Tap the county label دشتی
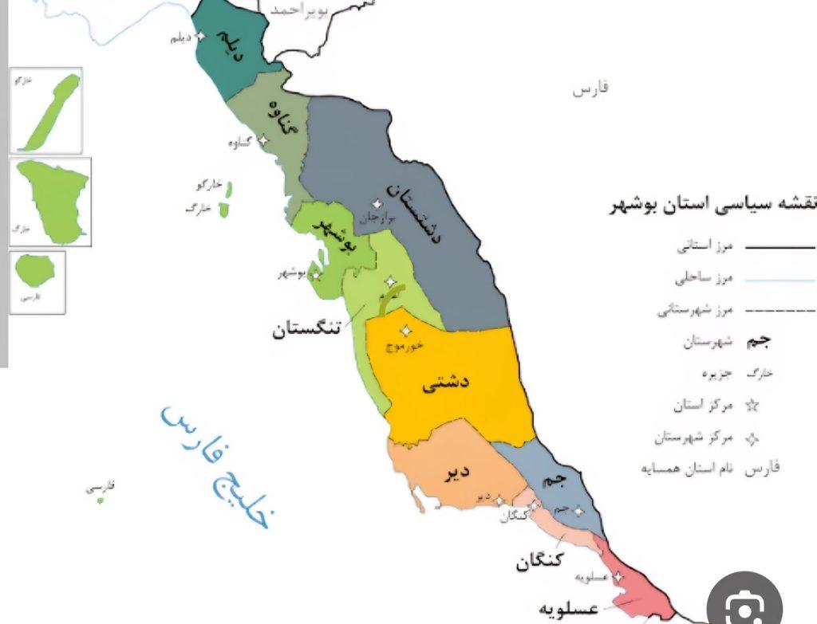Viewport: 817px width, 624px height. (x=445, y=384)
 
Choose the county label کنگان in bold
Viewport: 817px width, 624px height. (x=539, y=562)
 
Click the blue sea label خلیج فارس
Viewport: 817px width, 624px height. (x=217, y=465)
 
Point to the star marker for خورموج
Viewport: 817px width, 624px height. (x=406, y=331)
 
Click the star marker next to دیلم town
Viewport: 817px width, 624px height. (x=200, y=36)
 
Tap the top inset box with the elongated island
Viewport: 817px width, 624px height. (x=46, y=111)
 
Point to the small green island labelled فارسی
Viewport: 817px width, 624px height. (x=99, y=499)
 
